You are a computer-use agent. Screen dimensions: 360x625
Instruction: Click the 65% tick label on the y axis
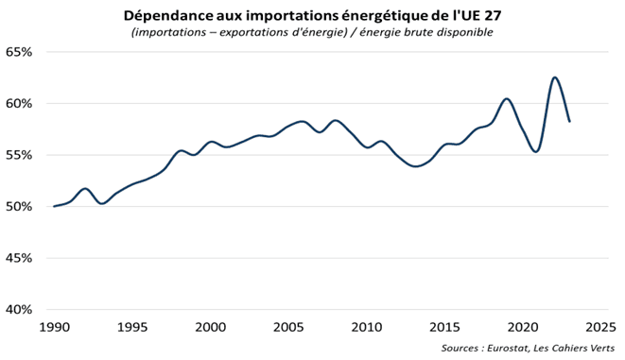click(18, 52)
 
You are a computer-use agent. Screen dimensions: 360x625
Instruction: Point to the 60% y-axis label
click(18, 104)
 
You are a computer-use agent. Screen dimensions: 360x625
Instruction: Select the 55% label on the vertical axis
click(18, 155)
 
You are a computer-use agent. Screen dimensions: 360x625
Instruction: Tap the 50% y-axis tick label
click(18, 207)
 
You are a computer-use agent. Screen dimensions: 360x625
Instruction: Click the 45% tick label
click(18, 258)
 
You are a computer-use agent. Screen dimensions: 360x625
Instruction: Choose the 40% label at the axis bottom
click(18, 310)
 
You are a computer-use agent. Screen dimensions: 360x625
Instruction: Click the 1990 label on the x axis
click(53, 327)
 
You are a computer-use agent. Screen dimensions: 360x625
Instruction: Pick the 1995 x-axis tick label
click(131, 327)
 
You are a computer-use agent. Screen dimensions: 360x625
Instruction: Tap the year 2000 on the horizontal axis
click(210, 327)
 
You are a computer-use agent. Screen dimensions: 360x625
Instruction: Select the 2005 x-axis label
click(288, 327)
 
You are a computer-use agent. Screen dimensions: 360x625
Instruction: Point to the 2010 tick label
click(367, 327)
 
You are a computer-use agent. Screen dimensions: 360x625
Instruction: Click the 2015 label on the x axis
click(444, 327)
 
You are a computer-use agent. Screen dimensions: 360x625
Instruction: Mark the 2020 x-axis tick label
click(523, 327)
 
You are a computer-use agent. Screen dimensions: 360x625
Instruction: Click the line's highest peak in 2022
click(554, 77)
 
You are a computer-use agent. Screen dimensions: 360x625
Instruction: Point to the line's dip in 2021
click(537, 150)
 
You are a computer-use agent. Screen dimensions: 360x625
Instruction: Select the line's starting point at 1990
click(54, 206)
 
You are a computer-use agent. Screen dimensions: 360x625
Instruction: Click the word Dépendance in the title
click(166, 15)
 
